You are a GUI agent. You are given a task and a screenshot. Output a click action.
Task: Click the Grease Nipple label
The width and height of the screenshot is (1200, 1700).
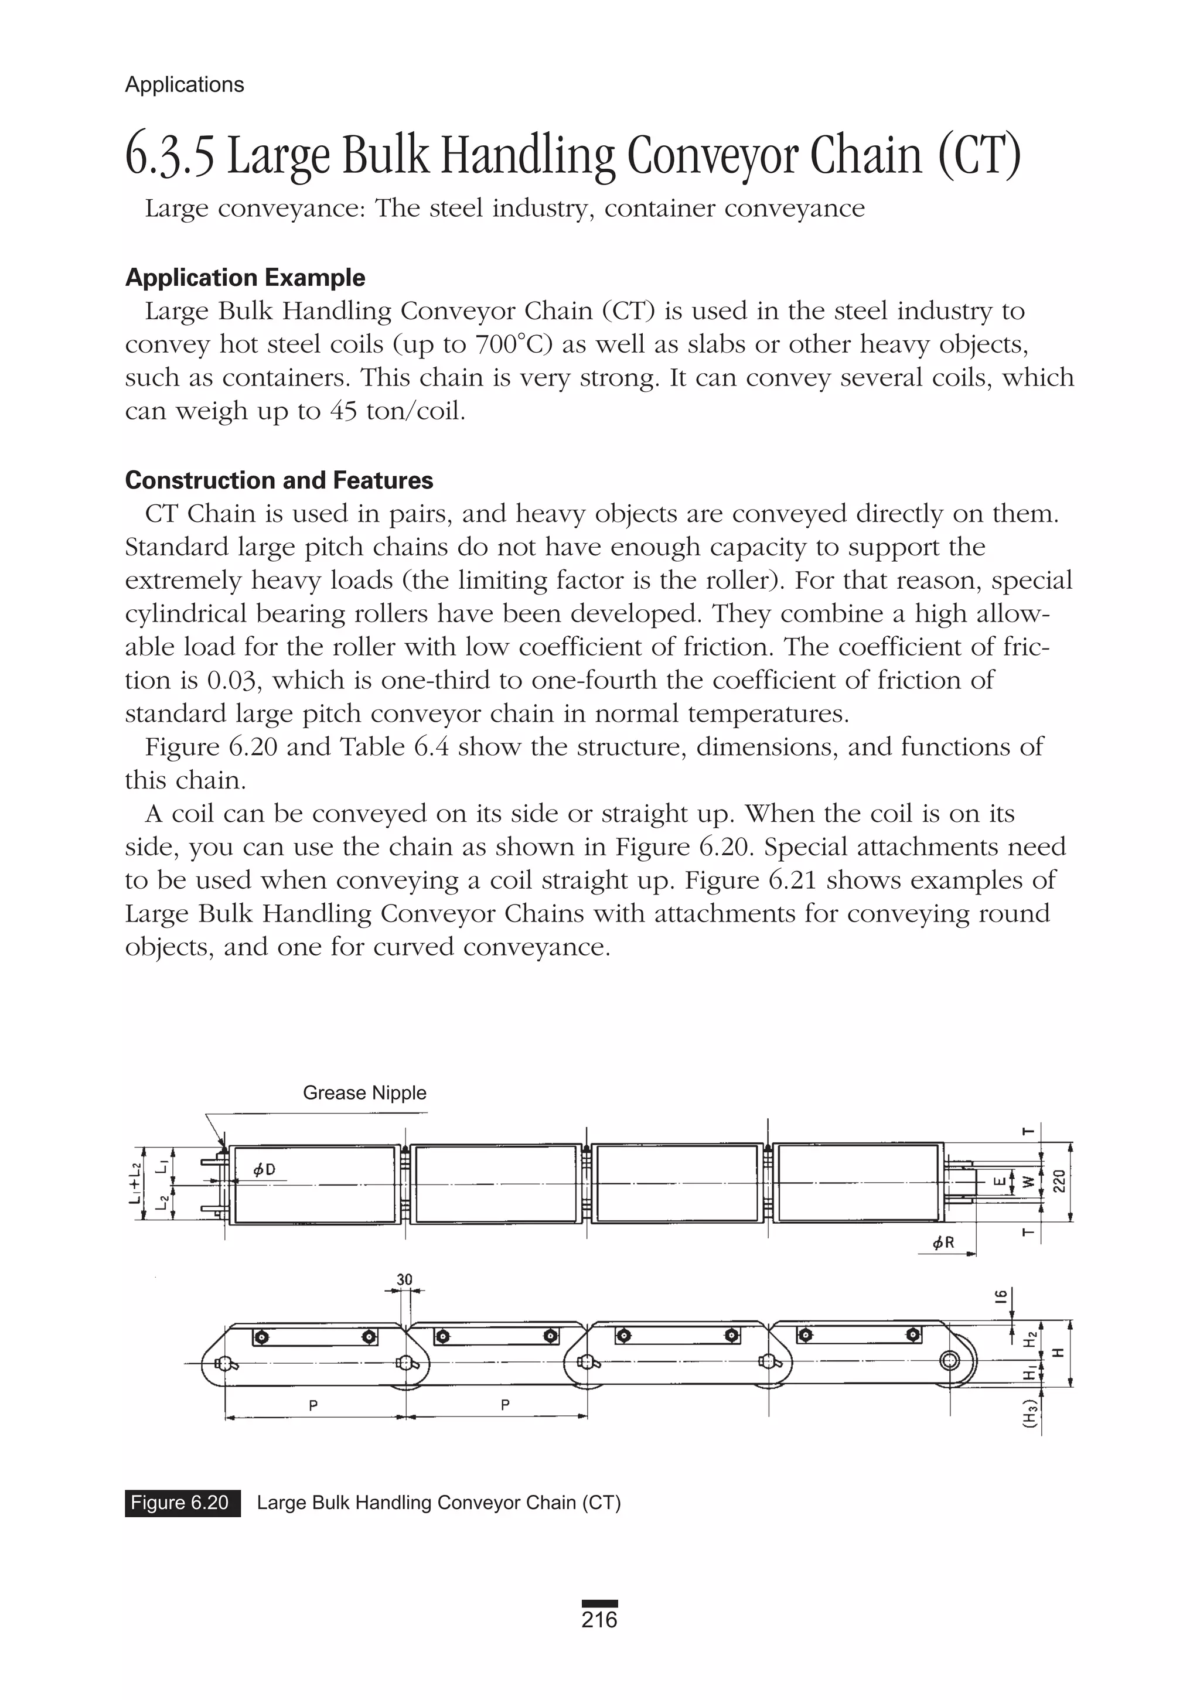coord(364,1093)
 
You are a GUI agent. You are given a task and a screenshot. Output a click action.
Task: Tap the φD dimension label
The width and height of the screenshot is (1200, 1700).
coord(264,1170)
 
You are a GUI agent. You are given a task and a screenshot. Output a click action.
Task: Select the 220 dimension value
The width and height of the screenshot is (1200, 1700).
coord(1059,1182)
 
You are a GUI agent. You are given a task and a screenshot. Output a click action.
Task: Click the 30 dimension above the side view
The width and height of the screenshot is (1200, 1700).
coord(404,1279)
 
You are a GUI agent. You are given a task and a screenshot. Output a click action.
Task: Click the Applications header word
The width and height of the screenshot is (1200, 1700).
coord(185,84)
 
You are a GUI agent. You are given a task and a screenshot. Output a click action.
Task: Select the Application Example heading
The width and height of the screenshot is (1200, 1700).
coord(245,278)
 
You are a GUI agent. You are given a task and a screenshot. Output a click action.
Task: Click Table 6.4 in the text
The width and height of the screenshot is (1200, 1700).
coord(394,747)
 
